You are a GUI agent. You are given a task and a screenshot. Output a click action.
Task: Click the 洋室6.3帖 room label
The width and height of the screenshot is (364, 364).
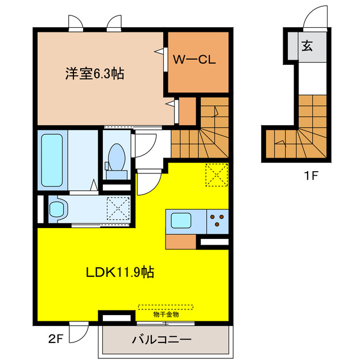[x=95, y=74]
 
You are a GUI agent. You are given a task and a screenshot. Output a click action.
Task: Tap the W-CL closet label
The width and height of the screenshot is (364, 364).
[x=194, y=59]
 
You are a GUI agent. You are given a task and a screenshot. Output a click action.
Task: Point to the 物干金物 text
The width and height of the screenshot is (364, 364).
[x=166, y=314]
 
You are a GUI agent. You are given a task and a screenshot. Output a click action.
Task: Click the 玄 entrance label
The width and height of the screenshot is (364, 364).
[x=307, y=46]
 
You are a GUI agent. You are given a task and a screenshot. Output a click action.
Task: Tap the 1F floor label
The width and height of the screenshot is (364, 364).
[x=310, y=175]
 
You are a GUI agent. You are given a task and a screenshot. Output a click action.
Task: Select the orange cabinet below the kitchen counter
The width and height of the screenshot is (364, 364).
[x=182, y=241]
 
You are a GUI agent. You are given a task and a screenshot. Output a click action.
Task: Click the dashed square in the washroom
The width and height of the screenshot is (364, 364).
[x=119, y=208]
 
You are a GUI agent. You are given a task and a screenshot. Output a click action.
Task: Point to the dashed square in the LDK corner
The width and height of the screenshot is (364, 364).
[x=217, y=175]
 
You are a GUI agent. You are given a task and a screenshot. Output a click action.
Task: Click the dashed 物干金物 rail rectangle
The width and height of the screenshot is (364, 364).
[x=166, y=307]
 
